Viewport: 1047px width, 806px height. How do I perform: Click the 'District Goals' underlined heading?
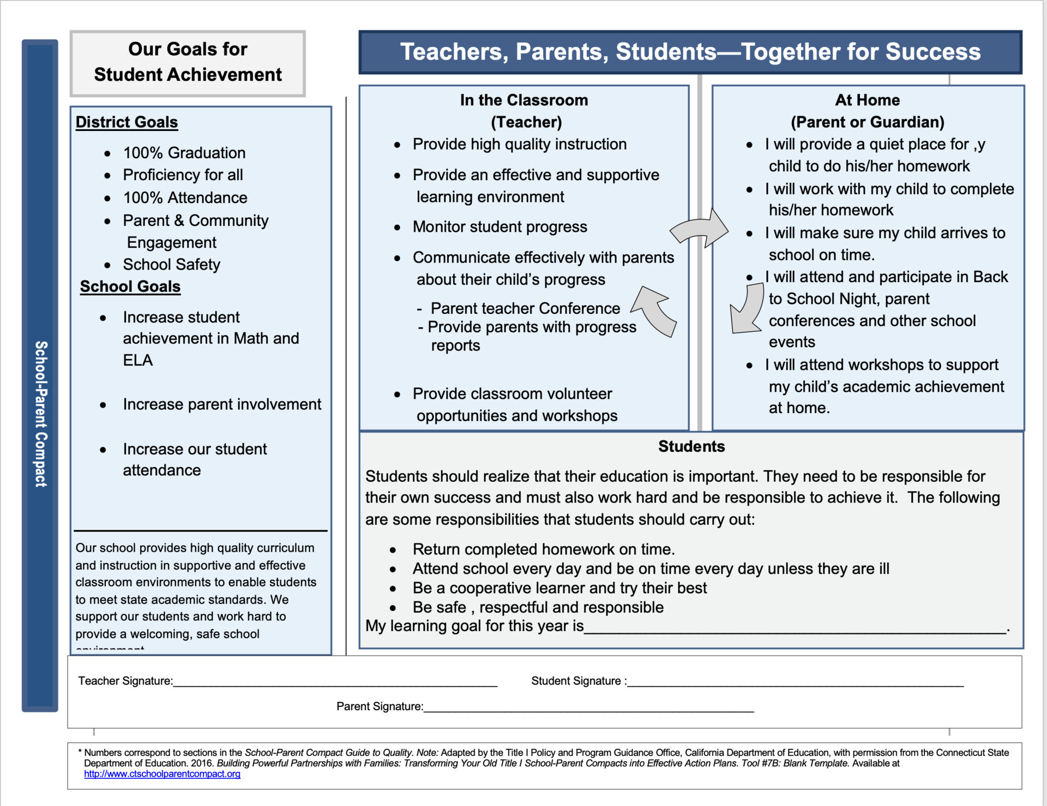point(127,122)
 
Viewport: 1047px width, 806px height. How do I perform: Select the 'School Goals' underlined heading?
point(130,286)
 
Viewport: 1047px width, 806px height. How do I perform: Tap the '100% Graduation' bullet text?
point(184,153)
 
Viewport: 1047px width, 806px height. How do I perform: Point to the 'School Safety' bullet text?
point(171,265)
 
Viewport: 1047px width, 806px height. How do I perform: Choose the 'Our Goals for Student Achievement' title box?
point(188,62)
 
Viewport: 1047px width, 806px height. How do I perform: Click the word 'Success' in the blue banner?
point(932,52)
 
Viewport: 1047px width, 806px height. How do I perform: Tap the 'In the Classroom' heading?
point(523,100)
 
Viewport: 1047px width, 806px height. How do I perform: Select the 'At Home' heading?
point(867,100)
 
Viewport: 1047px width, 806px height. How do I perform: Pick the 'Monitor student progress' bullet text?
point(500,227)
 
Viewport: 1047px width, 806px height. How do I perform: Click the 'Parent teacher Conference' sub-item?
point(525,309)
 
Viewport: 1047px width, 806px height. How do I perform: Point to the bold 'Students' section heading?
point(691,446)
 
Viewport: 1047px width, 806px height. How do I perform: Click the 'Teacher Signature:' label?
point(125,681)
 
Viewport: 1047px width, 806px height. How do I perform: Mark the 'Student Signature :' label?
point(579,681)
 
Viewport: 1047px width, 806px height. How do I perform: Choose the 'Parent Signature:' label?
point(380,707)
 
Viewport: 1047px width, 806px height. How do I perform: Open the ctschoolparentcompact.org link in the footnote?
point(162,774)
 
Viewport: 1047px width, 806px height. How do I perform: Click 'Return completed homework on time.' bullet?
point(543,550)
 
